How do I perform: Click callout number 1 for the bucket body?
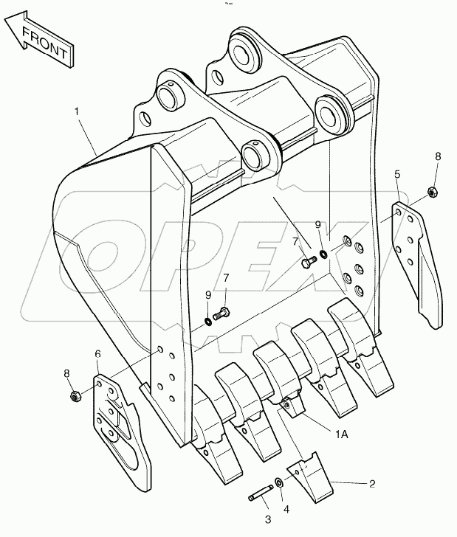(76, 111)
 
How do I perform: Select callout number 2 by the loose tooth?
(371, 484)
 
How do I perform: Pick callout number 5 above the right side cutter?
(397, 174)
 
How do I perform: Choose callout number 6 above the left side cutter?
(97, 354)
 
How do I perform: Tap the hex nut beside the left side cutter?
(74, 397)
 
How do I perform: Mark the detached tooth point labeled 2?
(308, 478)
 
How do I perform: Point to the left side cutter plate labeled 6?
(118, 428)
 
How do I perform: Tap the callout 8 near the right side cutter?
(437, 156)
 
